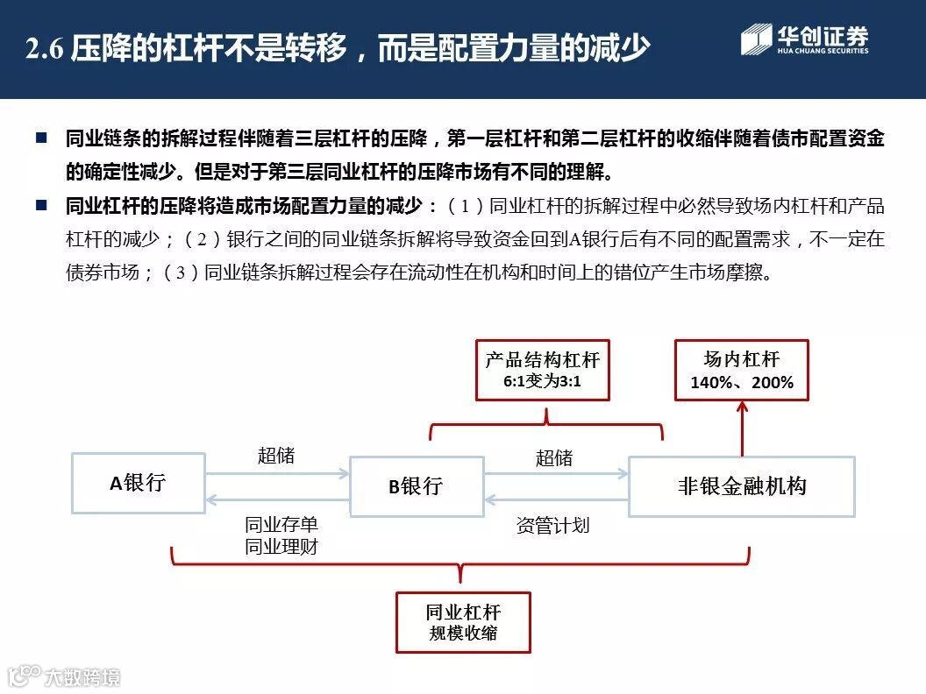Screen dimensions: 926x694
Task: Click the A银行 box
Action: tap(138, 483)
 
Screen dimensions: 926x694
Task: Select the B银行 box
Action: tap(417, 485)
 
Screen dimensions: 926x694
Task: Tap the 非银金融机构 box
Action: tap(741, 486)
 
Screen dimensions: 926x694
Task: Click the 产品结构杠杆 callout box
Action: tap(542, 370)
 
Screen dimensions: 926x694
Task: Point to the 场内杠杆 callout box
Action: tap(741, 370)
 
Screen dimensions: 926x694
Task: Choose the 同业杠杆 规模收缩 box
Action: tap(463, 621)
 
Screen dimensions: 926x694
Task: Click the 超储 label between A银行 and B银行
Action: tap(276, 456)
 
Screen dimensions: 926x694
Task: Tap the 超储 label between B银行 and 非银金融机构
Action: tap(554, 457)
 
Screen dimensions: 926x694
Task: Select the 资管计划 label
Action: tap(552, 526)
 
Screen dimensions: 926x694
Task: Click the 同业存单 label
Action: tap(281, 525)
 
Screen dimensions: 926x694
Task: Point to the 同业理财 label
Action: tap(281, 547)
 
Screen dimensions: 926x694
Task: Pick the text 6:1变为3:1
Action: tap(542, 382)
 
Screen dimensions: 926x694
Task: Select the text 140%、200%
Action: tap(741, 382)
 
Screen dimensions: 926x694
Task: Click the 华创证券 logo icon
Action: tap(756, 40)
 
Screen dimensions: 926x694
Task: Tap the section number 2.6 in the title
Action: tap(46, 49)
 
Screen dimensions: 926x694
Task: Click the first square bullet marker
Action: tap(40, 138)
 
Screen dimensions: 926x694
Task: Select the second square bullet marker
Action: tap(40, 206)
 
